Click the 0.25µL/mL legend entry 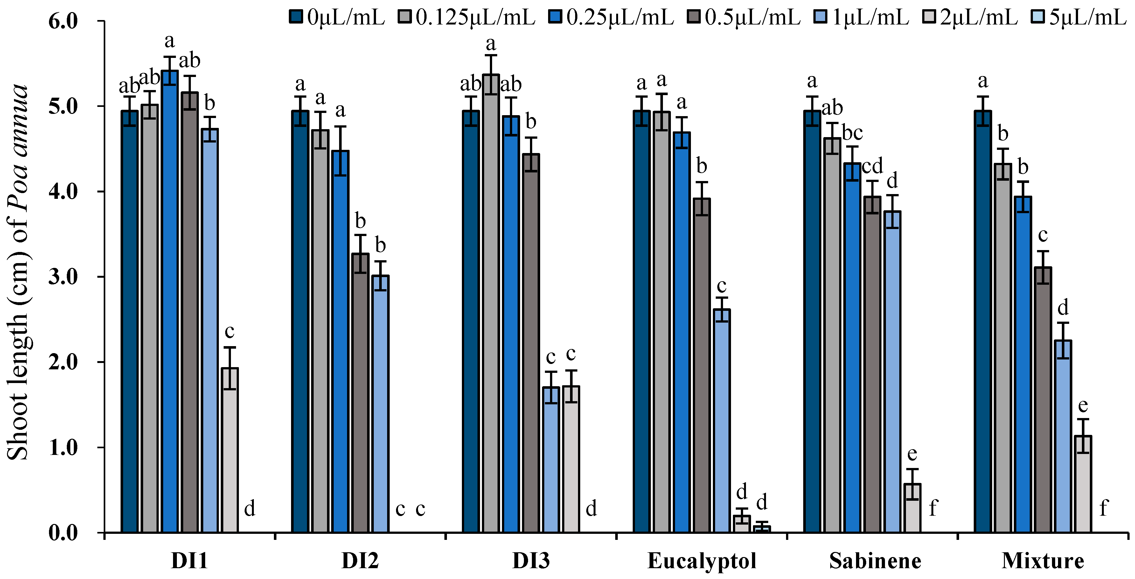coord(612,17)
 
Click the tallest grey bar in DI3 coord(491,304)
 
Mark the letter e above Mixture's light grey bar coord(1083,405)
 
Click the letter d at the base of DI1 coord(249,509)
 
